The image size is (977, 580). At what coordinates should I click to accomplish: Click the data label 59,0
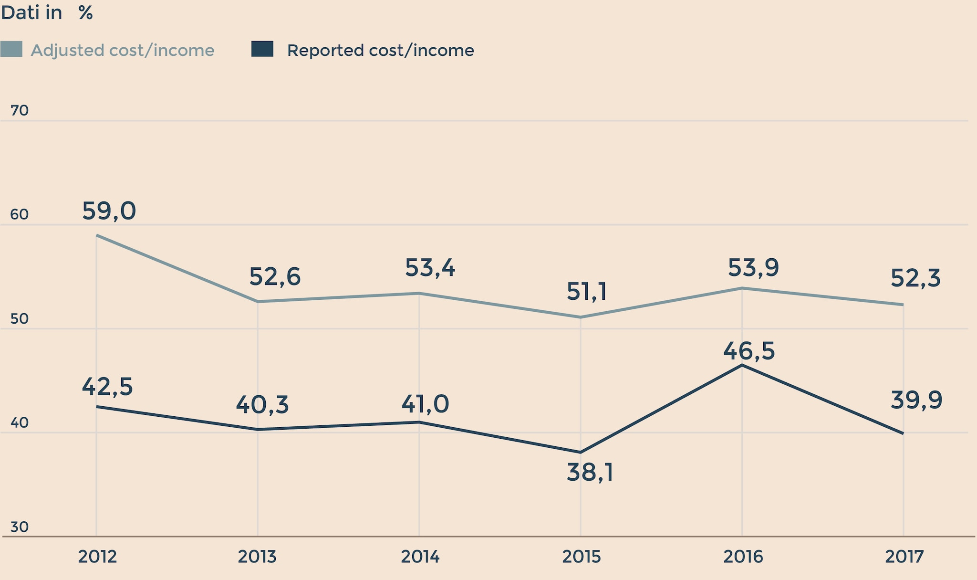(x=109, y=211)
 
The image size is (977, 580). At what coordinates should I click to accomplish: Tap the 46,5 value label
(x=749, y=351)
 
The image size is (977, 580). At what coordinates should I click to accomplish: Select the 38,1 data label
(x=590, y=473)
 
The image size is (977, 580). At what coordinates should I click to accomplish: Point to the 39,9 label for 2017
(x=916, y=400)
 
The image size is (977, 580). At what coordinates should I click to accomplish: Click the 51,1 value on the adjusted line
(x=586, y=292)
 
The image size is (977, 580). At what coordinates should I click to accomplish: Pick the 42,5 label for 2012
(x=107, y=387)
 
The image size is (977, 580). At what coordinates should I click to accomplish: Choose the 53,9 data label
(x=753, y=268)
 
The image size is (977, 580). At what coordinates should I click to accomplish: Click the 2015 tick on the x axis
(x=581, y=557)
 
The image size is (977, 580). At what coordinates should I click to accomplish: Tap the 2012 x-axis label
(x=97, y=557)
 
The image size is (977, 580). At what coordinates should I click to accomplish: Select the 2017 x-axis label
(x=904, y=557)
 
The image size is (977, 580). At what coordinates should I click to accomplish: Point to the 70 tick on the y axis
(x=20, y=111)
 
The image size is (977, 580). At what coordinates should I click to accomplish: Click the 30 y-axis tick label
(x=20, y=527)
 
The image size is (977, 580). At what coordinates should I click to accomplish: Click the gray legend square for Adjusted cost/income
(x=11, y=49)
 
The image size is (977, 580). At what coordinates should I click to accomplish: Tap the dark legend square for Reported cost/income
(x=262, y=49)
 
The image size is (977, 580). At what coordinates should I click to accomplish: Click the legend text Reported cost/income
(x=380, y=51)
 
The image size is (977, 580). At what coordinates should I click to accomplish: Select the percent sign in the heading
(x=85, y=13)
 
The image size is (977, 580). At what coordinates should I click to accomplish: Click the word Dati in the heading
(x=20, y=13)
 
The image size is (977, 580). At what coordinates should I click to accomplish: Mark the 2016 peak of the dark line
(x=742, y=365)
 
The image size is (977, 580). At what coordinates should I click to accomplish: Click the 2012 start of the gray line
(x=97, y=235)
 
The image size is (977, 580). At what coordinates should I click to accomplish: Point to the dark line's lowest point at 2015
(x=581, y=453)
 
